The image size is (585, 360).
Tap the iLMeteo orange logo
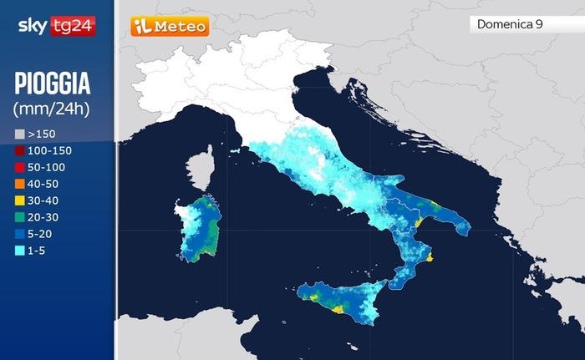[170, 27]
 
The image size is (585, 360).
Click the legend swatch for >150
[19, 134]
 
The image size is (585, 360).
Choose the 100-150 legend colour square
[19, 150]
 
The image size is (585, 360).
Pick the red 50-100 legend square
[19, 167]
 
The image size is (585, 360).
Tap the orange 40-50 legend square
[19, 183]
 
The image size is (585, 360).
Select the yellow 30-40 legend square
[19, 200]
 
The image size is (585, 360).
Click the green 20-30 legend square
[19, 216]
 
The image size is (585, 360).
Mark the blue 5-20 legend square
[19, 233]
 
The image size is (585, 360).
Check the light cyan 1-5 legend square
[19, 250]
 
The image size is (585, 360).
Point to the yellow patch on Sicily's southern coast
[338, 309]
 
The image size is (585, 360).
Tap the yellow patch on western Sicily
[310, 296]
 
